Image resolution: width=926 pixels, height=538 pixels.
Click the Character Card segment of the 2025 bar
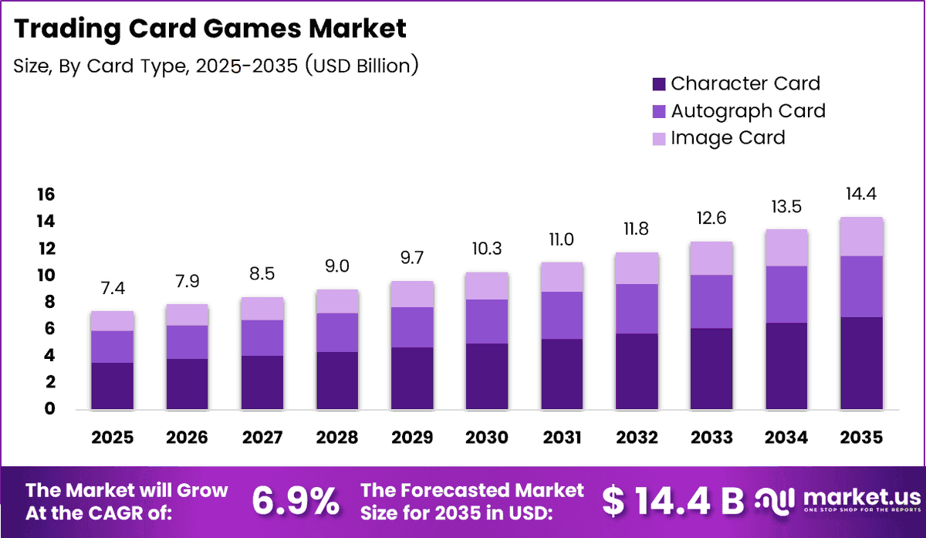pyautogui.click(x=113, y=386)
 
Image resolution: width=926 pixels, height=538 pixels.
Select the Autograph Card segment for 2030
pyautogui.click(x=487, y=321)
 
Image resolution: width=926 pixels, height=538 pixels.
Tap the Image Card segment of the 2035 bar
pyautogui.click(x=861, y=236)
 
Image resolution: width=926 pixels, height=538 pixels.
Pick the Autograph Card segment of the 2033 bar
pyautogui.click(x=711, y=302)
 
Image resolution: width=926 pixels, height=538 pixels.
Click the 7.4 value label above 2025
pyautogui.click(x=113, y=288)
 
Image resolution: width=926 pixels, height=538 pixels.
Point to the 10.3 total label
pyautogui.click(x=487, y=249)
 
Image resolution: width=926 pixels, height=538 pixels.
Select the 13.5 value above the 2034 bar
pyautogui.click(x=786, y=207)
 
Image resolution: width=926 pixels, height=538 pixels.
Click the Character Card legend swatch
pyautogui.click(x=659, y=84)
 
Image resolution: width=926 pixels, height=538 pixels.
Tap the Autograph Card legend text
pyautogui.click(x=749, y=111)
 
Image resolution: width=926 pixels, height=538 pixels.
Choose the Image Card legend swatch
pyautogui.click(x=659, y=139)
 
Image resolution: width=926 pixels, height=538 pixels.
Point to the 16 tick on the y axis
pyautogui.click(x=46, y=195)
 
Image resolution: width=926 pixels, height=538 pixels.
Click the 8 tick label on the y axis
pyautogui.click(x=49, y=302)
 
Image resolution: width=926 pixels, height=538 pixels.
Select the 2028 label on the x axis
pyautogui.click(x=337, y=438)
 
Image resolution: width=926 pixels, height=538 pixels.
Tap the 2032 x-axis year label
pyautogui.click(x=637, y=438)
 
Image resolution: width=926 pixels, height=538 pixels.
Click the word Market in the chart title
pyautogui.click(x=357, y=29)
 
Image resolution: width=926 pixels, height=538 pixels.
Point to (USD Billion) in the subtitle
pyautogui.click(x=362, y=66)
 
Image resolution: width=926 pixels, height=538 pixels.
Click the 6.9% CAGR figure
pyautogui.click(x=296, y=501)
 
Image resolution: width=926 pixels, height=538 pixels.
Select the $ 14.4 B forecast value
pyautogui.click(x=673, y=501)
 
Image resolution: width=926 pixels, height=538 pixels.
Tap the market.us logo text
pyautogui.click(x=863, y=497)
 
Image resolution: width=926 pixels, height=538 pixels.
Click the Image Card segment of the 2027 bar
pyautogui.click(x=262, y=309)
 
